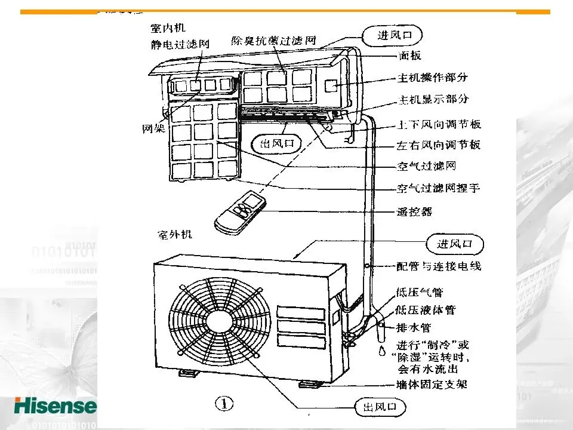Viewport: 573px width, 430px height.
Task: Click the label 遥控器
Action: (414, 211)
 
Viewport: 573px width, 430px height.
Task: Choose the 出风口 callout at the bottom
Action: (379, 408)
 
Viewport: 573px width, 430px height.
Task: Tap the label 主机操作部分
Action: (433, 78)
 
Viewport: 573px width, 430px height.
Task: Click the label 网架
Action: (154, 128)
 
